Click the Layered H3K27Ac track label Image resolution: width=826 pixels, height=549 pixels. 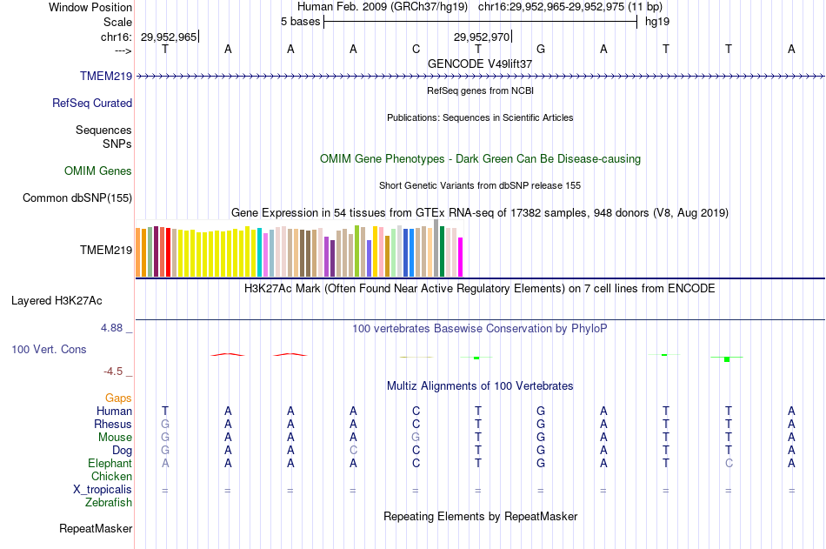tap(57, 301)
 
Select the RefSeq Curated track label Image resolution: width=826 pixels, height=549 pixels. tap(92, 103)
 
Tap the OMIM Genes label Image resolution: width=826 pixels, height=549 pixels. tap(98, 171)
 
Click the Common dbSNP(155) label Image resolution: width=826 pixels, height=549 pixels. tap(77, 198)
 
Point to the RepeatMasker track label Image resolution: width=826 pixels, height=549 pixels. tap(96, 528)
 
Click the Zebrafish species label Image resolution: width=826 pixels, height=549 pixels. tap(109, 502)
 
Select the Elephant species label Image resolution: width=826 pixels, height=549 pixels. tap(110, 463)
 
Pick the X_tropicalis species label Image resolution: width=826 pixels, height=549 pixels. tap(103, 489)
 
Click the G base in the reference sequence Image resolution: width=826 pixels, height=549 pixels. tap(541, 49)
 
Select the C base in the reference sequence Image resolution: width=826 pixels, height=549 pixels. tap(416, 49)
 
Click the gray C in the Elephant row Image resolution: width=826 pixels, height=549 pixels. tap(729, 463)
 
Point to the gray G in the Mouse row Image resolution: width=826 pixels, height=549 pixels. tap(416, 437)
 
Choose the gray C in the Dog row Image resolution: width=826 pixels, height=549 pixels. tap(353, 450)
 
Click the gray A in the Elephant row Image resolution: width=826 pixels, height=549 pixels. tap(165, 463)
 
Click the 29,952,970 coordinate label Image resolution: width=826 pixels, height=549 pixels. tap(482, 37)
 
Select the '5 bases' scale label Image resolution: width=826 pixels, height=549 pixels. tap(300, 21)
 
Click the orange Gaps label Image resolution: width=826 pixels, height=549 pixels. tap(118, 398)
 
